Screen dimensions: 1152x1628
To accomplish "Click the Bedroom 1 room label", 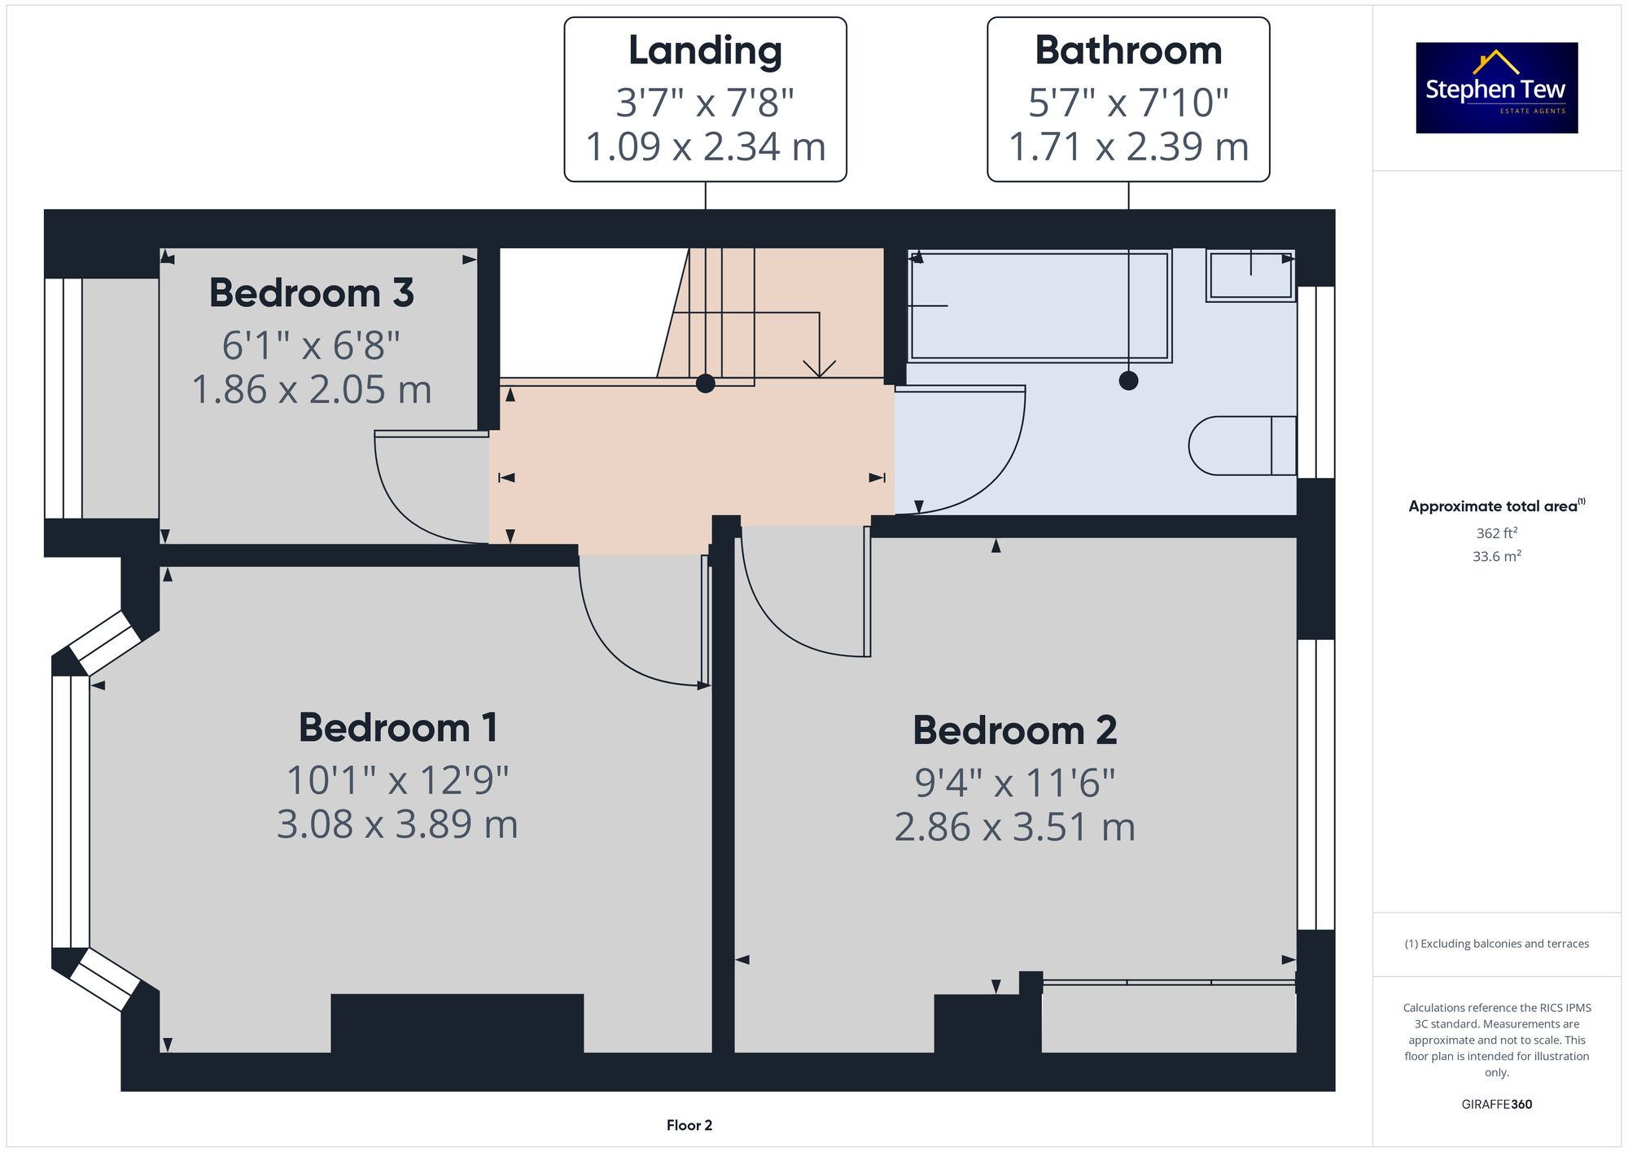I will click(x=398, y=727).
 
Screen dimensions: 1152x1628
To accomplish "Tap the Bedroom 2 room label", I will click(x=1014, y=730).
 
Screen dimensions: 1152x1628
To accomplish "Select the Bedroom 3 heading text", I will click(x=312, y=293).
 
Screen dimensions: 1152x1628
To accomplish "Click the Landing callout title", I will click(x=705, y=50).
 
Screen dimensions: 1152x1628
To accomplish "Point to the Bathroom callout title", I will click(x=1128, y=50).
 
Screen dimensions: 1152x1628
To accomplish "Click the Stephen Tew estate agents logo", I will click(x=1496, y=88).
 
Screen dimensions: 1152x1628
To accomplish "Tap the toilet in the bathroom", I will click(x=1241, y=445).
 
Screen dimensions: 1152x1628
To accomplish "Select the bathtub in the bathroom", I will click(x=1039, y=305).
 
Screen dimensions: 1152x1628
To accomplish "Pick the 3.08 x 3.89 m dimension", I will click(x=397, y=824).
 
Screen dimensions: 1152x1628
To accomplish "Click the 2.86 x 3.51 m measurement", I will click(x=1014, y=827).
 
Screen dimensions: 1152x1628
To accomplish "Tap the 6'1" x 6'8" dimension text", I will click(x=311, y=345).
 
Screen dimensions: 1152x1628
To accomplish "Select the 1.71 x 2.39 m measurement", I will click(x=1128, y=147).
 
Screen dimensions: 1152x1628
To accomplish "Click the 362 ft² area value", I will click(x=1496, y=533).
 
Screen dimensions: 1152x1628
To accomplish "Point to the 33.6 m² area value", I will click(x=1496, y=557).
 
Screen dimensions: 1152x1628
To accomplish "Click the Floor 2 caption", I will click(x=689, y=1125).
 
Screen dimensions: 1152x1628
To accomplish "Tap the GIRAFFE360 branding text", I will click(x=1496, y=1105).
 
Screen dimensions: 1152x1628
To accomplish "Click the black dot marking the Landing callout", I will click(x=705, y=383).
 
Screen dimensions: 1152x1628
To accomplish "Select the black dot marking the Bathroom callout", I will click(x=1128, y=380).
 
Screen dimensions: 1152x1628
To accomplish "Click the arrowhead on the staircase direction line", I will click(x=819, y=369).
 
